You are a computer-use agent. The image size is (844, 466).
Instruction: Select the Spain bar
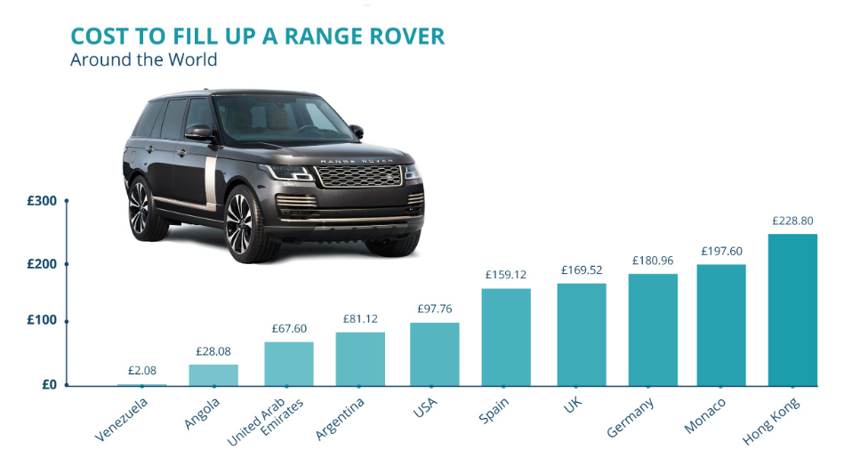click(x=505, y=337)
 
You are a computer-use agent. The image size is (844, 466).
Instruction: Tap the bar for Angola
click(x=213, y=375)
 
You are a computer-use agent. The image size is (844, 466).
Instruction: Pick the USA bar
click(x=434, y=354)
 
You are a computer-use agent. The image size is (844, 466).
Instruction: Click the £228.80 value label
click(x=792, y=221)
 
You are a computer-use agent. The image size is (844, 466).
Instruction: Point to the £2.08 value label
click(x=142, y=371)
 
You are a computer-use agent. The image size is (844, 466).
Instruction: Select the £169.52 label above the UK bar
click(x=581, y=270)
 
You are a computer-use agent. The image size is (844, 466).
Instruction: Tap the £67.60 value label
click(x=289, y=328)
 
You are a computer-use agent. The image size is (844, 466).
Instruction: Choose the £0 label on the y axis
click(x=49, y=385)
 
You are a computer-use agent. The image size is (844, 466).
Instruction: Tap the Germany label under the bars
click(x=631, y=416)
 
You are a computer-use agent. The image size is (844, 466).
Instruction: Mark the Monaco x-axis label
click(x=705, y=415)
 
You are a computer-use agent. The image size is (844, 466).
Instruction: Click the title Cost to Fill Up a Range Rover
click(x=257, y=36)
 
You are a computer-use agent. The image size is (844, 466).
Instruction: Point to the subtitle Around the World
click(x=143, y=60)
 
